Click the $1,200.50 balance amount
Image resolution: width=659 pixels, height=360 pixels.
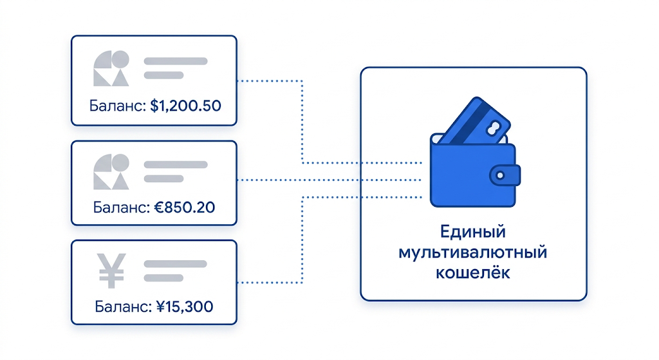click(185, 106)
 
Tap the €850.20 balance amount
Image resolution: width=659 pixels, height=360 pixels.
click(185, 207)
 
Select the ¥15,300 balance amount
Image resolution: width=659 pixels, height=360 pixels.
click(185, 307)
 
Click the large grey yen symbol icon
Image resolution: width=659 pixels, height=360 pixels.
click(111, 270)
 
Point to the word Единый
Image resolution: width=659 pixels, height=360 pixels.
click(473, 232)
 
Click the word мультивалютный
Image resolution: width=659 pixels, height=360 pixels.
click(473, 252)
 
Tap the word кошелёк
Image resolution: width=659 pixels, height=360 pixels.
click(473, 273)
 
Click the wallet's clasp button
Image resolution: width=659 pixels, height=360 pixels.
click(505, 175)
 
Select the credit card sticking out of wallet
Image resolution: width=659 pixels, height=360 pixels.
click(476, 121)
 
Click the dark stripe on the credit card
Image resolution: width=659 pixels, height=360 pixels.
click(471, 122)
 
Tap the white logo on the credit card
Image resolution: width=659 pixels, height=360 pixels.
click(493, 128)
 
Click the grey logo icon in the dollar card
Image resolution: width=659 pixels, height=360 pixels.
click(111, 68)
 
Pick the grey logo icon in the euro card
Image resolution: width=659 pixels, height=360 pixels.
click(111, 171)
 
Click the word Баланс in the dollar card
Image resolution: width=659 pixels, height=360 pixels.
click(118, 106)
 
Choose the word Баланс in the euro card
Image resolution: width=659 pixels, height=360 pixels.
click(122, 207)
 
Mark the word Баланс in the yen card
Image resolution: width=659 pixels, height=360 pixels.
click(123, 307)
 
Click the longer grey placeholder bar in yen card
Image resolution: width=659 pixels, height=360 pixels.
click(176, 264)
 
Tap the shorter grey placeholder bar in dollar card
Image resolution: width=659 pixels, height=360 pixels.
click(164, 75)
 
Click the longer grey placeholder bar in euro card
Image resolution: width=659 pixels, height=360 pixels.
click(176, 164)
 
